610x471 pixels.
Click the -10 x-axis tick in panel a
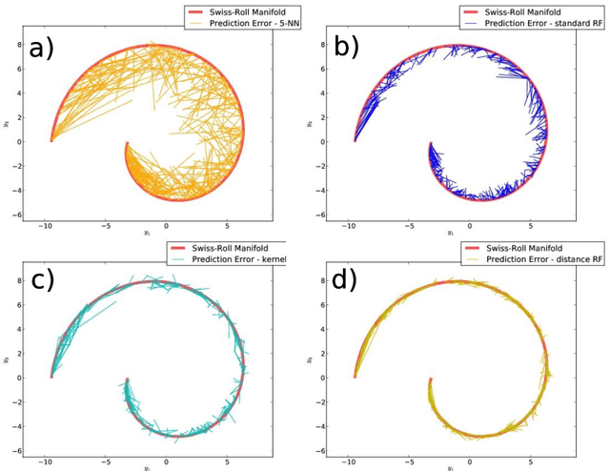pos(45,225)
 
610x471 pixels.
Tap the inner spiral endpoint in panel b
pos(430,144)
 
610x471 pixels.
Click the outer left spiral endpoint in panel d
pos(355,377)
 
